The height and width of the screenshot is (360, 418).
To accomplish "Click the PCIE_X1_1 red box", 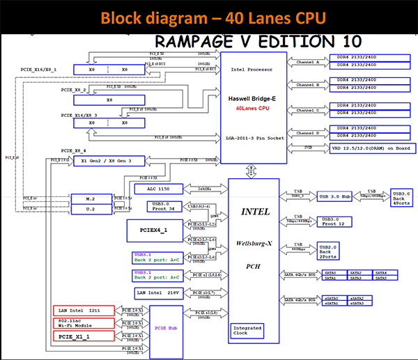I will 84,336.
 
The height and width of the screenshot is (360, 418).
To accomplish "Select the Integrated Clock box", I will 248,331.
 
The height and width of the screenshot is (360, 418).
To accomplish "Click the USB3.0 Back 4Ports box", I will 401,197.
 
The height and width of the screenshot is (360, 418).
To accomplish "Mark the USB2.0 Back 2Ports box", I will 331,251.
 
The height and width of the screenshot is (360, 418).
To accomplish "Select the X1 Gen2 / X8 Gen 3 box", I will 111,160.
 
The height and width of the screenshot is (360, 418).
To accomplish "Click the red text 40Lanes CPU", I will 252,109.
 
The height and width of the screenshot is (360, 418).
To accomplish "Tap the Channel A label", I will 307,62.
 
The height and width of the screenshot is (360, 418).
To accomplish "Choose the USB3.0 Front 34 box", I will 164,206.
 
